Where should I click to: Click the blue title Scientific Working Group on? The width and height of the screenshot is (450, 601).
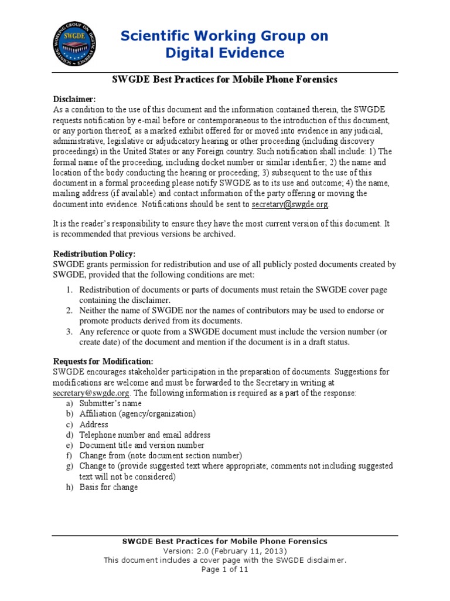224,36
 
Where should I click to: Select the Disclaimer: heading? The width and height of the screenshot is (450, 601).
74,99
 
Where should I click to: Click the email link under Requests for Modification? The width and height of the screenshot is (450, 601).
85,393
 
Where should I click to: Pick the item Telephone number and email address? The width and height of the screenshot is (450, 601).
145,435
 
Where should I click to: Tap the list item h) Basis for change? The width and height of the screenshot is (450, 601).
108,487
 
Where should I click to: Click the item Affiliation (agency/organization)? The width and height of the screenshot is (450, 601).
137,414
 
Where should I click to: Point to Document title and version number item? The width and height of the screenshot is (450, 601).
142,445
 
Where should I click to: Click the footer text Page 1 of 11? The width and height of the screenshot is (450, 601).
224,569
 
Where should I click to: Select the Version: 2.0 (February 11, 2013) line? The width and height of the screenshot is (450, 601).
224,551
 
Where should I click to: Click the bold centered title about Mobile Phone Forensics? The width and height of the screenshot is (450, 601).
224,79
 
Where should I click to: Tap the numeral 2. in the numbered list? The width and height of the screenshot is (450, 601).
69,310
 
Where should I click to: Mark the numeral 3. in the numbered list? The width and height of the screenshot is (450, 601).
69,332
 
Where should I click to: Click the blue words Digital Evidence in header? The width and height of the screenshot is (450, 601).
224,53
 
